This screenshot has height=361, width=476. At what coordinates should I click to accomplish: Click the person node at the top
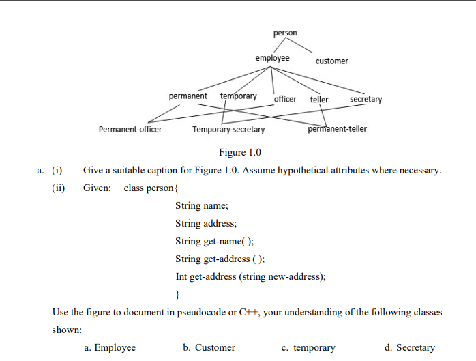click(285, 33)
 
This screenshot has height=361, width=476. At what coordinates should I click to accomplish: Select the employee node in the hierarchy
click(272, 58)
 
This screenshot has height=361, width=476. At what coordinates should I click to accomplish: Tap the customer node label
click(331, 61)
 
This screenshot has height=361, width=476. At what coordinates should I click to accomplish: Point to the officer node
click(285, 100)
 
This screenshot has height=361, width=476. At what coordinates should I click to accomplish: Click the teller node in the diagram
click(319, 100)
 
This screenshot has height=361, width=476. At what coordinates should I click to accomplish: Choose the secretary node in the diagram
click(366, 100)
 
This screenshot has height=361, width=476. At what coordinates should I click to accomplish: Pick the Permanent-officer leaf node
click(130, 129)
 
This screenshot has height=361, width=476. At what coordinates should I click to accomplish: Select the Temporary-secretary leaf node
click(228, 129)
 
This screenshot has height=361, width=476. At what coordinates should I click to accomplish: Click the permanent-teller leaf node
click(337, 128)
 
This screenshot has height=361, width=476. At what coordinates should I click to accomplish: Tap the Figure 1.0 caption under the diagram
click(239, 152)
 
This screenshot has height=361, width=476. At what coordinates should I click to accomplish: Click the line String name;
click(202, 205)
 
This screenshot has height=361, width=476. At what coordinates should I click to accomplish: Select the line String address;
click(207, 223)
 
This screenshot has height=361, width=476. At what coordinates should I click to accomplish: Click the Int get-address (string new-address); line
click(250, 276)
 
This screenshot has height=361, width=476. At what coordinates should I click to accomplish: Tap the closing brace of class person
click(177, 294)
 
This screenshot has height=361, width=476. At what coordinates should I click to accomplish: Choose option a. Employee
click(110, 348)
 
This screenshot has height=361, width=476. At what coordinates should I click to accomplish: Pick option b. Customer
click(209, 348)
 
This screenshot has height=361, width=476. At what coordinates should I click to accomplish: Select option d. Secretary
click(410, 348)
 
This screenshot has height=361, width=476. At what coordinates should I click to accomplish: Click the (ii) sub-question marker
click(58, 188)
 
